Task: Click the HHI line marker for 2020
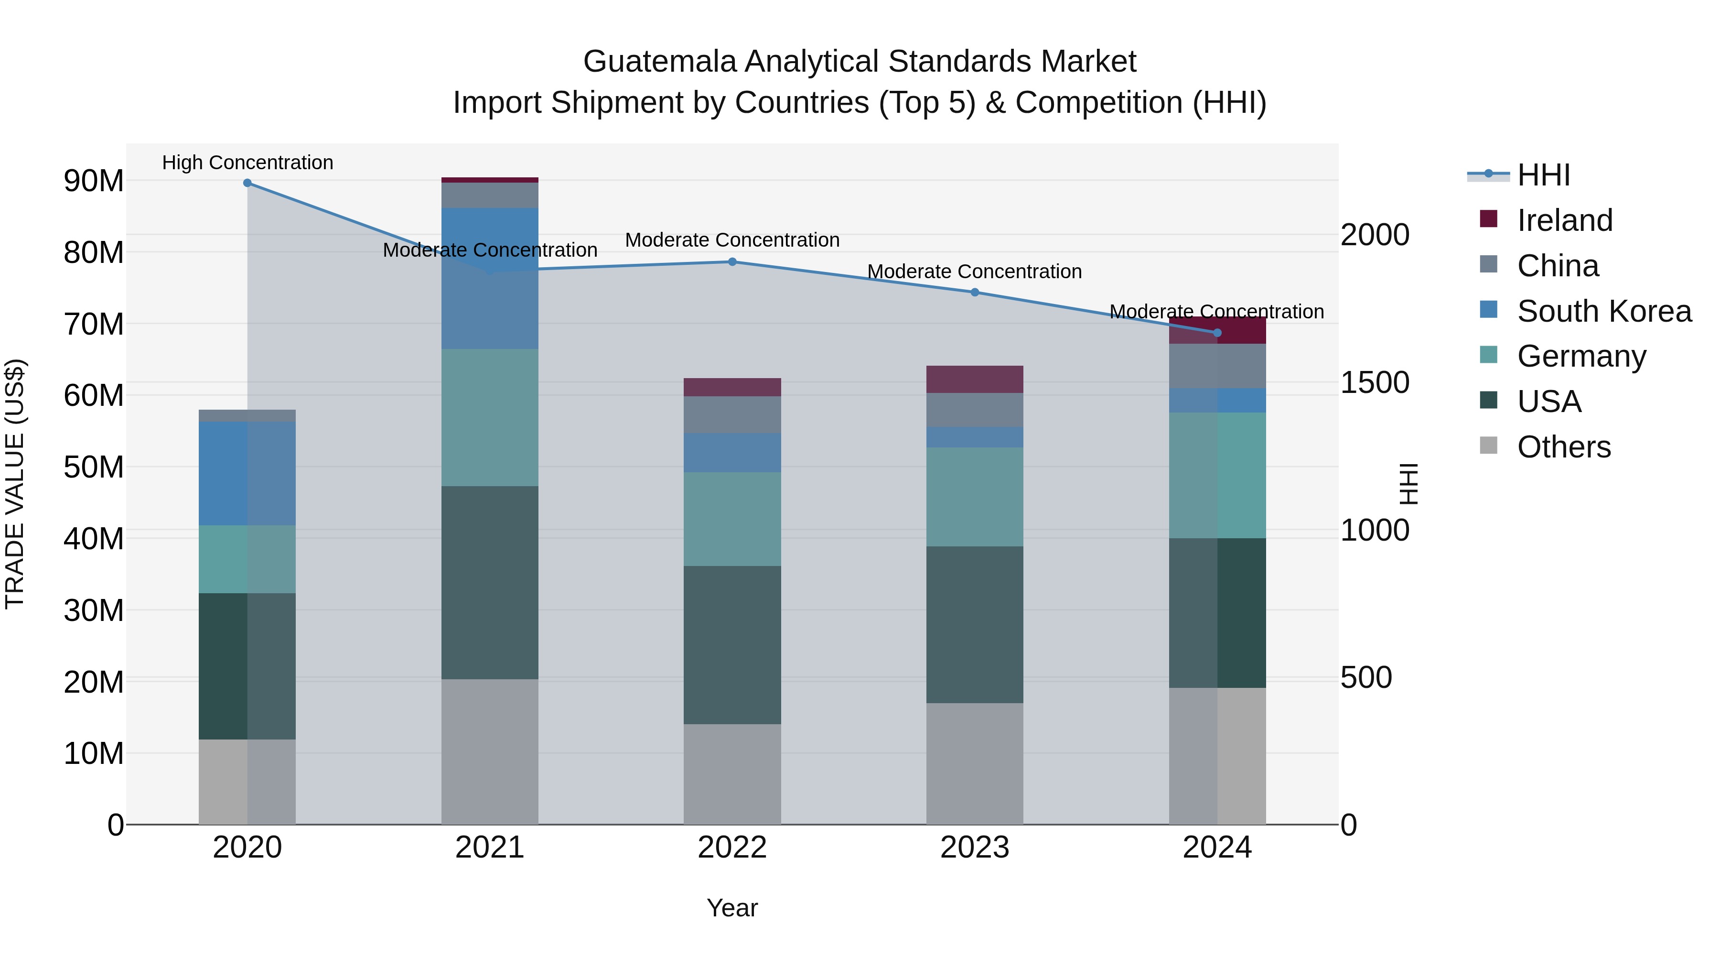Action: [247, 183]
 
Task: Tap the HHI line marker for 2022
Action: [732, 262]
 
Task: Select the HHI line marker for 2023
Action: [974, 293]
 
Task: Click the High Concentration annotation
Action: [247, 163]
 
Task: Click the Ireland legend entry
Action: [1564, 220]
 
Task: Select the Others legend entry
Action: [1563, 447]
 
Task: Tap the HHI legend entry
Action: [1543, 175]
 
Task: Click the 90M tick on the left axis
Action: [94, 181]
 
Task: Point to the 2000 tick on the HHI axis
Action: [1375, 235]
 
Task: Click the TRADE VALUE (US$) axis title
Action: [15, 484]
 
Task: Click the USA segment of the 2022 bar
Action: [732, 645]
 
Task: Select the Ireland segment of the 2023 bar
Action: [974, 380]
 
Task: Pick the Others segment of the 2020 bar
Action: [247, 782]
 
